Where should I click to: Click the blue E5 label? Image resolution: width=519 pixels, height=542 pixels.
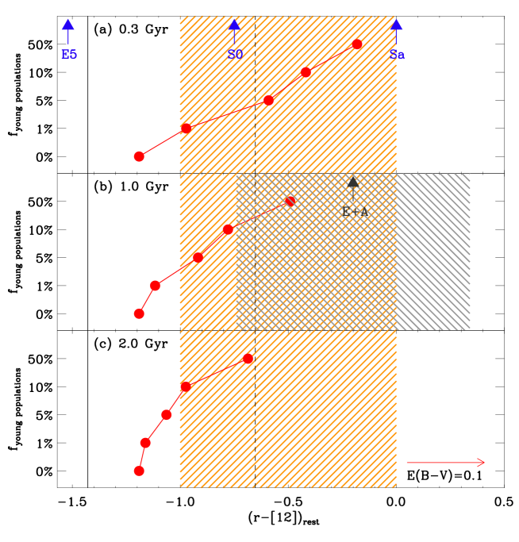(x=69, y=55)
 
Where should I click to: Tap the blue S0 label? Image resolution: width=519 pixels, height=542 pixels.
(x=235, y=55)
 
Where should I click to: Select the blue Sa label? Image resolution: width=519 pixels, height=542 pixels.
(x=397, y=55)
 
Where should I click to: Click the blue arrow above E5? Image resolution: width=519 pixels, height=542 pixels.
(x=68, y=29)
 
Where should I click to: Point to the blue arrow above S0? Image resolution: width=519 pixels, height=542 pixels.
(x=234, y=29)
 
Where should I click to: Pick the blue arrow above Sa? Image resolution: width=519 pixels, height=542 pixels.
(x=396, y=29)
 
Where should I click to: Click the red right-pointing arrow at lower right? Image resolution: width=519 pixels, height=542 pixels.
(x=445, y=463)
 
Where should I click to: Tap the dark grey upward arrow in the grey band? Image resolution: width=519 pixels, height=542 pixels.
(x=353, y=187)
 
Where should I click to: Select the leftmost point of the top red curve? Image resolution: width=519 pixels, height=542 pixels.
(x=139, y=156)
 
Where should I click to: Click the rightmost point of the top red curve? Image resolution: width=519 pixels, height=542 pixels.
(x=357, y=44)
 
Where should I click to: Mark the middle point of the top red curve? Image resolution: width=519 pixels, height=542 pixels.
(x=268, y=100)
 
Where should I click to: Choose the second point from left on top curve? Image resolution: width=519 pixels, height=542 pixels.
(x=186, y=128)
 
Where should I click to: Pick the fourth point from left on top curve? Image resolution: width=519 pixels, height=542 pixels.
(x=306, y=72)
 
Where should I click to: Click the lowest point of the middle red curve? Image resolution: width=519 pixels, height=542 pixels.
(x=139, y=313)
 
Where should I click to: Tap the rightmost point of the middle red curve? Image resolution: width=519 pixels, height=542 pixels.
(x=290, y=201)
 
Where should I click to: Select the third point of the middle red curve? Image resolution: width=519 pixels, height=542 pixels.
(x=198, y=257)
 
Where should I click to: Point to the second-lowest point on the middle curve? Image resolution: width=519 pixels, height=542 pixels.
(x=156, y=286)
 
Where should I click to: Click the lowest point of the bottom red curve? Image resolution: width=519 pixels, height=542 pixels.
(x=139, y=471)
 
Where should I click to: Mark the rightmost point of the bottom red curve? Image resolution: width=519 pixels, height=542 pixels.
(x=248, y=359)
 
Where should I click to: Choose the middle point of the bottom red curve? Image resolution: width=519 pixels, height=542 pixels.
(x=167, y=414)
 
